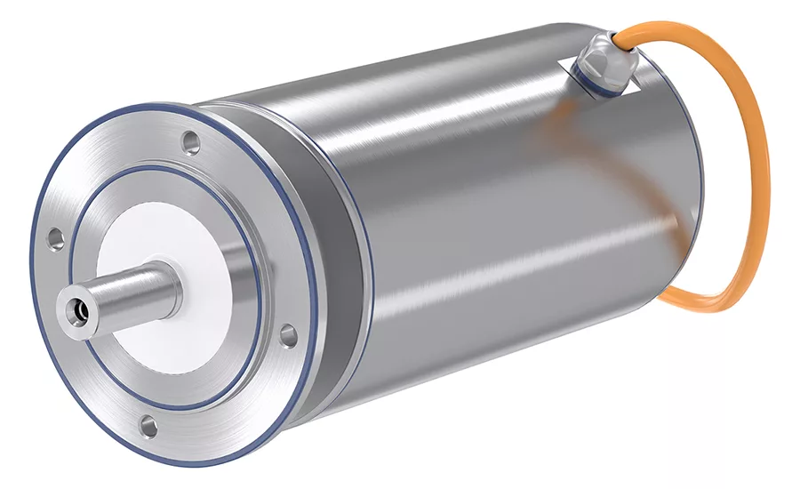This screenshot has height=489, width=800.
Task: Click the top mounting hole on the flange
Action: pyautogui.click(x=189, y=140)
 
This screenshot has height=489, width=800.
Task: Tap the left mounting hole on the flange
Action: pyautogui.click(x=55, y=238)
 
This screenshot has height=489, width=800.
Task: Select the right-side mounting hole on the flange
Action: pyautogui.click(x=288, y=335)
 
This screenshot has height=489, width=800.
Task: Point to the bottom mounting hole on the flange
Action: pyautogui.click(x=148, y=427)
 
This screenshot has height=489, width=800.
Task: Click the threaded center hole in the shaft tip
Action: pyautogui.click(x=79, y=310)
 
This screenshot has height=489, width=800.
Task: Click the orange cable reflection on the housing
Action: pyautogui.click(x=569, y=133)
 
